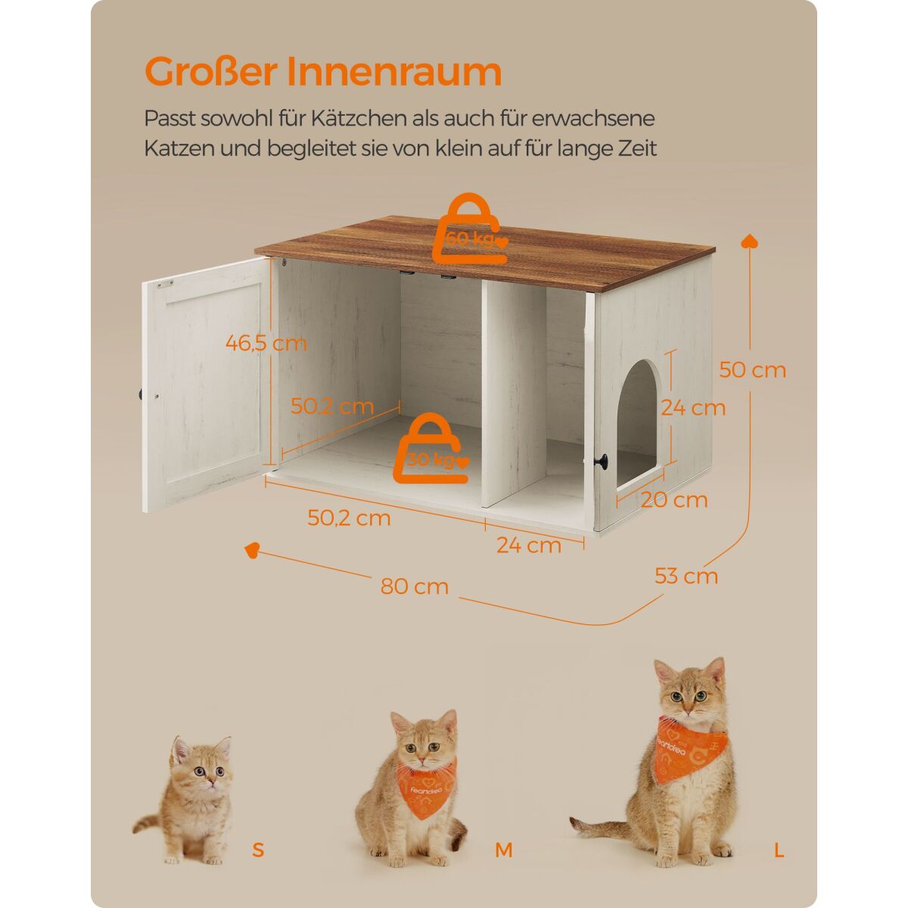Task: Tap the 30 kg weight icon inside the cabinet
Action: click(x=432, y=448)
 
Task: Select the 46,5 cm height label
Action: click(x=266, y=343)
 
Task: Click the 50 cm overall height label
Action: click(x=752, y=370)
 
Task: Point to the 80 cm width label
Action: click(x=415, y=586)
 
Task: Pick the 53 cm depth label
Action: click(x=686, y=576)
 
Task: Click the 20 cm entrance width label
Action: click(x=674, y=500)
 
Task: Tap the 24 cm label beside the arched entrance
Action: click(x=693, y=408)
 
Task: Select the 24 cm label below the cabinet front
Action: click(x=529, y=545)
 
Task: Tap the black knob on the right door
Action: click(x=602, y=460)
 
